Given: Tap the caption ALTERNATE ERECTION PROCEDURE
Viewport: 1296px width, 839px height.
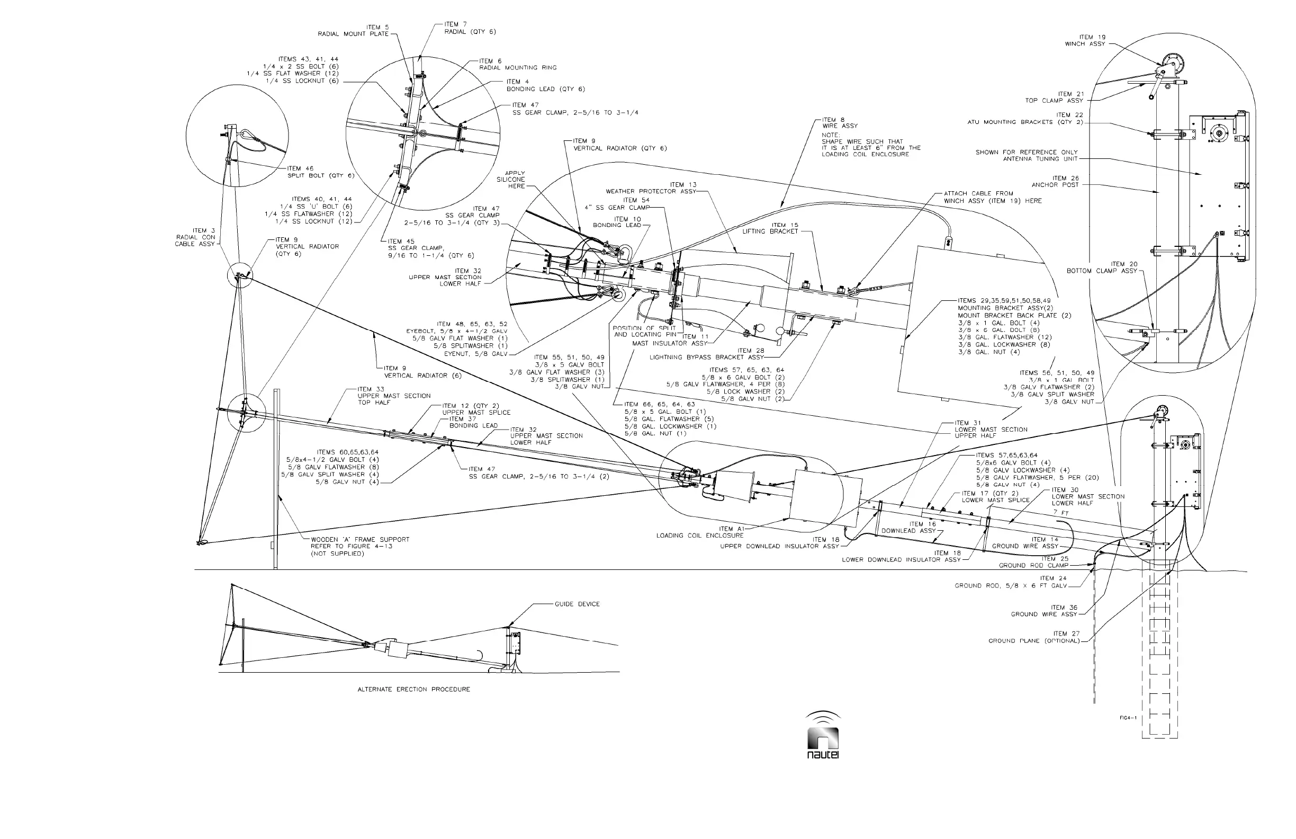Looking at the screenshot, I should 413,689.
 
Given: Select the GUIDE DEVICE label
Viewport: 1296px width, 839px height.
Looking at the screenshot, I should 577,604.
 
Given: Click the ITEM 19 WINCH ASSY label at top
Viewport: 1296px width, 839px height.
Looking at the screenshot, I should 1085,41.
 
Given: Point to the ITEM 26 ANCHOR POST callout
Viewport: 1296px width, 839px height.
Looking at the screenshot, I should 1055,182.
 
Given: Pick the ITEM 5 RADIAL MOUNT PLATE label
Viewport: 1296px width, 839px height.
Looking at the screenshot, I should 354,31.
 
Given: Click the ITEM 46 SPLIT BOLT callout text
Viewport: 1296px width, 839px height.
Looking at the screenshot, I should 321,172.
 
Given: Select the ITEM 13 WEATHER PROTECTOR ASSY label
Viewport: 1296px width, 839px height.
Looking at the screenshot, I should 651,188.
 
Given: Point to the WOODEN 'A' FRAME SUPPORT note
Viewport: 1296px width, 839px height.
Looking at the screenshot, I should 360,547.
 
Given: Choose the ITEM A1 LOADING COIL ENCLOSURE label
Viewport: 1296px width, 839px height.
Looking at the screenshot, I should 700,532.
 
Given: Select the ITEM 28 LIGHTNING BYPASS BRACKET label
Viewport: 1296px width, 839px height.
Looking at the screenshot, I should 707,354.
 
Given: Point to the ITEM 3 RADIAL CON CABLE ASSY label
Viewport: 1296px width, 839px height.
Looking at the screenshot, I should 195,237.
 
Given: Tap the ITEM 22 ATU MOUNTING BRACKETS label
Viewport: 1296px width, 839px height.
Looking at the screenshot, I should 1025,119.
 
